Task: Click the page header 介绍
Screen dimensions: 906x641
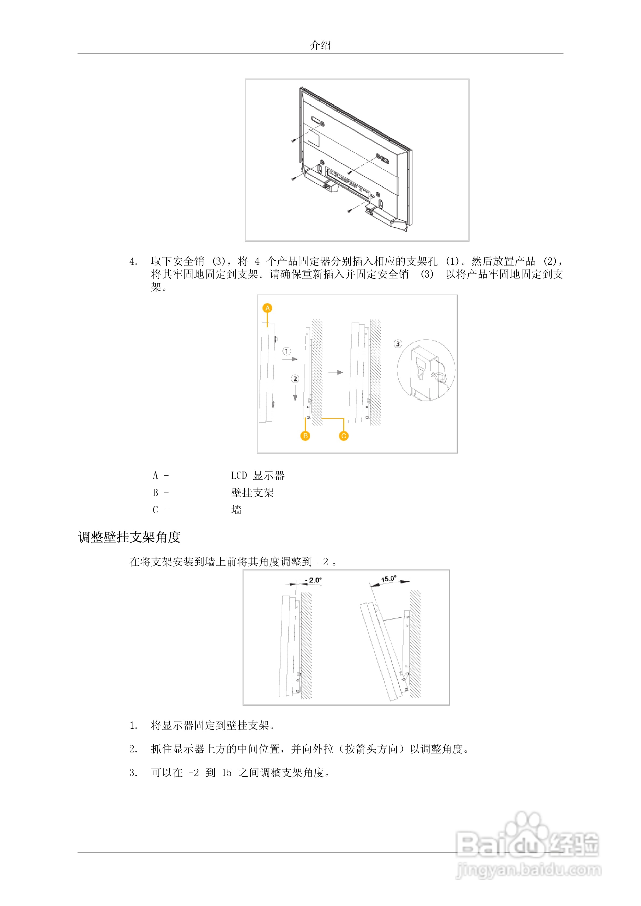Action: coord(320,45)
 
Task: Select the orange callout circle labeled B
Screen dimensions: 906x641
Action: coord(305,436)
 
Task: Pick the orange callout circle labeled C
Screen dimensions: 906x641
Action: coord(344,436)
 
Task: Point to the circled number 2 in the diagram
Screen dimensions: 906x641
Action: coord(295,379)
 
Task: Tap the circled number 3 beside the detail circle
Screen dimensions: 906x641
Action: coord(398,344)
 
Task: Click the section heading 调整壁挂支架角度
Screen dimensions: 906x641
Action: coord(129,537)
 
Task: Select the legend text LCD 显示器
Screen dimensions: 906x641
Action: coord(258,476)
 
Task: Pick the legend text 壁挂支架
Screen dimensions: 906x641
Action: coord(252,493)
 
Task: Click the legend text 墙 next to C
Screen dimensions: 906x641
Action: coord(236,510)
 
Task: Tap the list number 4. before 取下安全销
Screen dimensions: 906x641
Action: coord(134,262)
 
